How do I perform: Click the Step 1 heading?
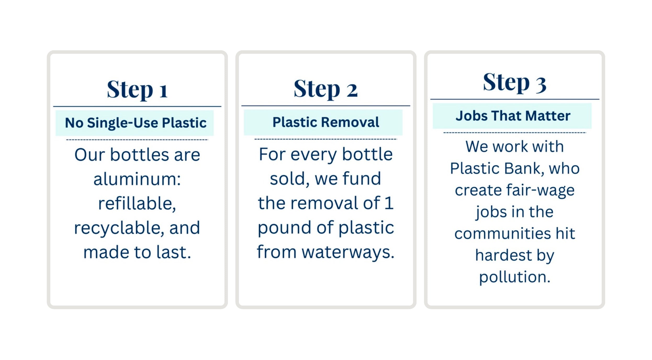[x=137, y=89]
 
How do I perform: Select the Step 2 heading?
[x=325, y=89]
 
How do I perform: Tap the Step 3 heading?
[x=515, y=82]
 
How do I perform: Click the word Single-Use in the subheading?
[x=122, y=123]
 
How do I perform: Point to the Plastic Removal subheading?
[x=326, y=122]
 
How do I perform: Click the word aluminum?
[x=137, y=179]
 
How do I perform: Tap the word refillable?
[x=137, y=203]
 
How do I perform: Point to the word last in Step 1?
[x=174, y=252]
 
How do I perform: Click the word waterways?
[x=348, y=252]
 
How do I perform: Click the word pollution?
[x=515, y=277]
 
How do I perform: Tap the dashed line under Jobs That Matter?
[x=515, y=133]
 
